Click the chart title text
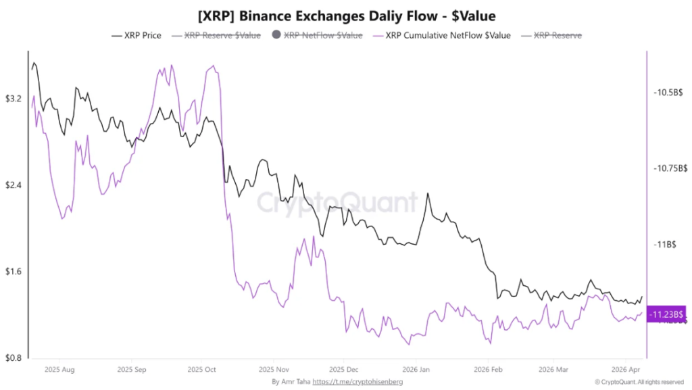(x=346, y=14)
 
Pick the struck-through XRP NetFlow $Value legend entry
(x=316, y=35)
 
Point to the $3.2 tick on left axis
(x=14, y=99)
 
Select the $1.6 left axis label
(x=14, y=272)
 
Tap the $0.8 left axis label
(x=14, y=358)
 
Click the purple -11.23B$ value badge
(x=666, y=314)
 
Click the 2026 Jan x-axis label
(x=415, y=370)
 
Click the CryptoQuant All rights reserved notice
(x=639, y=383)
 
